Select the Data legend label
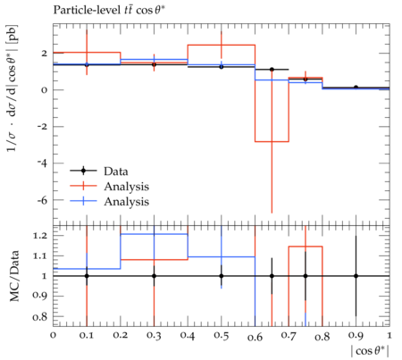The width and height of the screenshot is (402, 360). pos(116,172)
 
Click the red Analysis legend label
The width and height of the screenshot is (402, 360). pos(126,187)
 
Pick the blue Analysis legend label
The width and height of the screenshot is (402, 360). pos(126,202)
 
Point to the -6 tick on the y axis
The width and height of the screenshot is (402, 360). pos(42,200)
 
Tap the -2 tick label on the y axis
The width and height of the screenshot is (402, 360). pos(42,127)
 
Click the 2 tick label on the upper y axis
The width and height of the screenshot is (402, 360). pos(45,54)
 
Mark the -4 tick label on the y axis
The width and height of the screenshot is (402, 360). pos(42,163)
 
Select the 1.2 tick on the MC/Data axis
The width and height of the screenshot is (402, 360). pos(39,236)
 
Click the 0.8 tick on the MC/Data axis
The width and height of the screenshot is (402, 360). pos(39,316)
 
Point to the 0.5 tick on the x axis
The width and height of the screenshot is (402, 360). pos(222,336)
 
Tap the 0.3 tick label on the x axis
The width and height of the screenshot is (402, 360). pos(154,336)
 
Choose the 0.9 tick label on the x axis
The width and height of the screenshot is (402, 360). pos(356,336)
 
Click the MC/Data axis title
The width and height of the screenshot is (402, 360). pos(14,276)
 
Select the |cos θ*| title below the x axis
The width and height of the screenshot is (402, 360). pos(370,351)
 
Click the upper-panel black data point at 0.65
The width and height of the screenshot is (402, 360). pos(272,70)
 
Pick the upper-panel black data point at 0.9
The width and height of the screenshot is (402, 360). pos(356,88)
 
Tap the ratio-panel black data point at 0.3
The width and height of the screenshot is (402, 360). pos(154,276)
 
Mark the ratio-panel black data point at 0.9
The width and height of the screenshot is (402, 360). pos(356,276)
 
